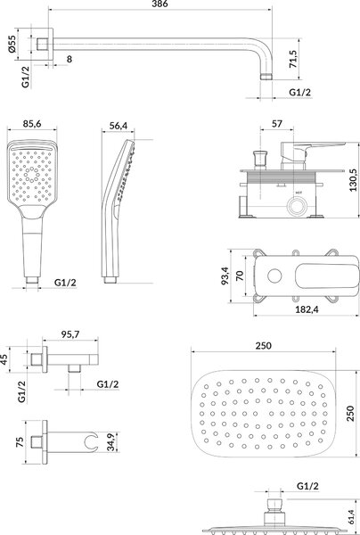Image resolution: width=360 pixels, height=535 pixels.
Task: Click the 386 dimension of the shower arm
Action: pyautogui.click(x=160, y=4)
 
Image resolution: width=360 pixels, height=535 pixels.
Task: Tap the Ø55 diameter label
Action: pyautogui.click(x=12, y=44)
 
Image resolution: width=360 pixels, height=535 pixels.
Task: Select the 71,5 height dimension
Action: pyautogui.click(x=293, y=59)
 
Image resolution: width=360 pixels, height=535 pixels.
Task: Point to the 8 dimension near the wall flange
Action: pyautogui.click(x=70, y=59)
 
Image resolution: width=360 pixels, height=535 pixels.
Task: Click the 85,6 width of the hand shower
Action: pyautogui.click(x=32, y=124)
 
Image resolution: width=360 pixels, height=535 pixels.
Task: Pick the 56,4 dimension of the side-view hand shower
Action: pyautogui.click(x=119, y=126)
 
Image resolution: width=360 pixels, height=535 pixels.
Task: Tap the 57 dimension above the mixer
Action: pyautogui.click(x=277, y=124)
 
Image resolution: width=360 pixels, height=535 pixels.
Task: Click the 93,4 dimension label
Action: pyautogui.click(x=225, y=276)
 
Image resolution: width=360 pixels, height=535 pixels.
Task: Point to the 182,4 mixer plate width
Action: pyautogui.click(x=307, y=309)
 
